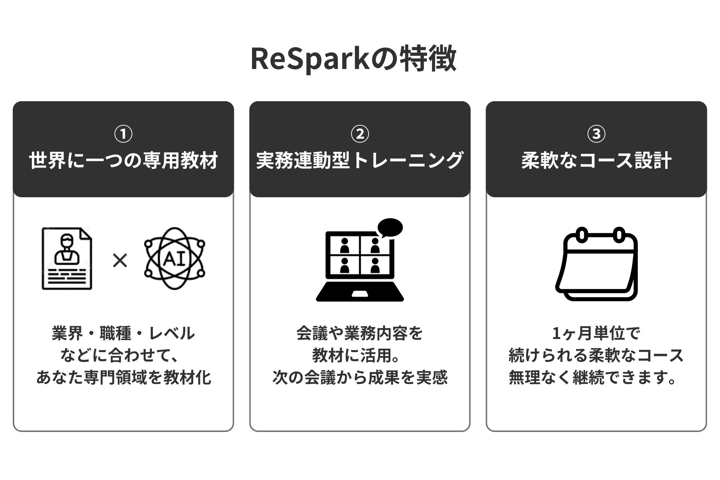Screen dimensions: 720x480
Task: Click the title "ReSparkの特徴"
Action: [x=353, y=59]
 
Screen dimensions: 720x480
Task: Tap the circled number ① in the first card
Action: [x=123, y=134]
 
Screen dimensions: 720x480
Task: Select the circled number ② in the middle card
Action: [x=360, y=134]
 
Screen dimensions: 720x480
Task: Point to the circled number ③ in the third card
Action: [x=596, y=134]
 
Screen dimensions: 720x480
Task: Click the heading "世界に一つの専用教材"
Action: [x=123, y=161]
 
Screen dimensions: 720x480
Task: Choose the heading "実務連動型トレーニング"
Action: [x=360, y=161]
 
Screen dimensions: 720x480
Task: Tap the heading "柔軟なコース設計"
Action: [x=596, y=161]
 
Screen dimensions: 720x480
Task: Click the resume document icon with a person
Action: [x=67, y=259]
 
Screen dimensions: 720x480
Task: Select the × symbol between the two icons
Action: [x=120, y=260]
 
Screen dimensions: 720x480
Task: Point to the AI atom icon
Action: [x=175, y=259]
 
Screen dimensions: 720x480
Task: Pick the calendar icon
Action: [x=596, y=264]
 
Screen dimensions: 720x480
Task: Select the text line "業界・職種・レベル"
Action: [x=123, y=333]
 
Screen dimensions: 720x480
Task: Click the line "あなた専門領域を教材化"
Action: [x=123, y=378]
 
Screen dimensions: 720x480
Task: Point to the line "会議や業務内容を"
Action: [x=360, y=333]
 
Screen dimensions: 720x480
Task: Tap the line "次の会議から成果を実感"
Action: [x=360, y=378]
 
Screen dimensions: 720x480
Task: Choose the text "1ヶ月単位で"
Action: [x=596, y=333]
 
